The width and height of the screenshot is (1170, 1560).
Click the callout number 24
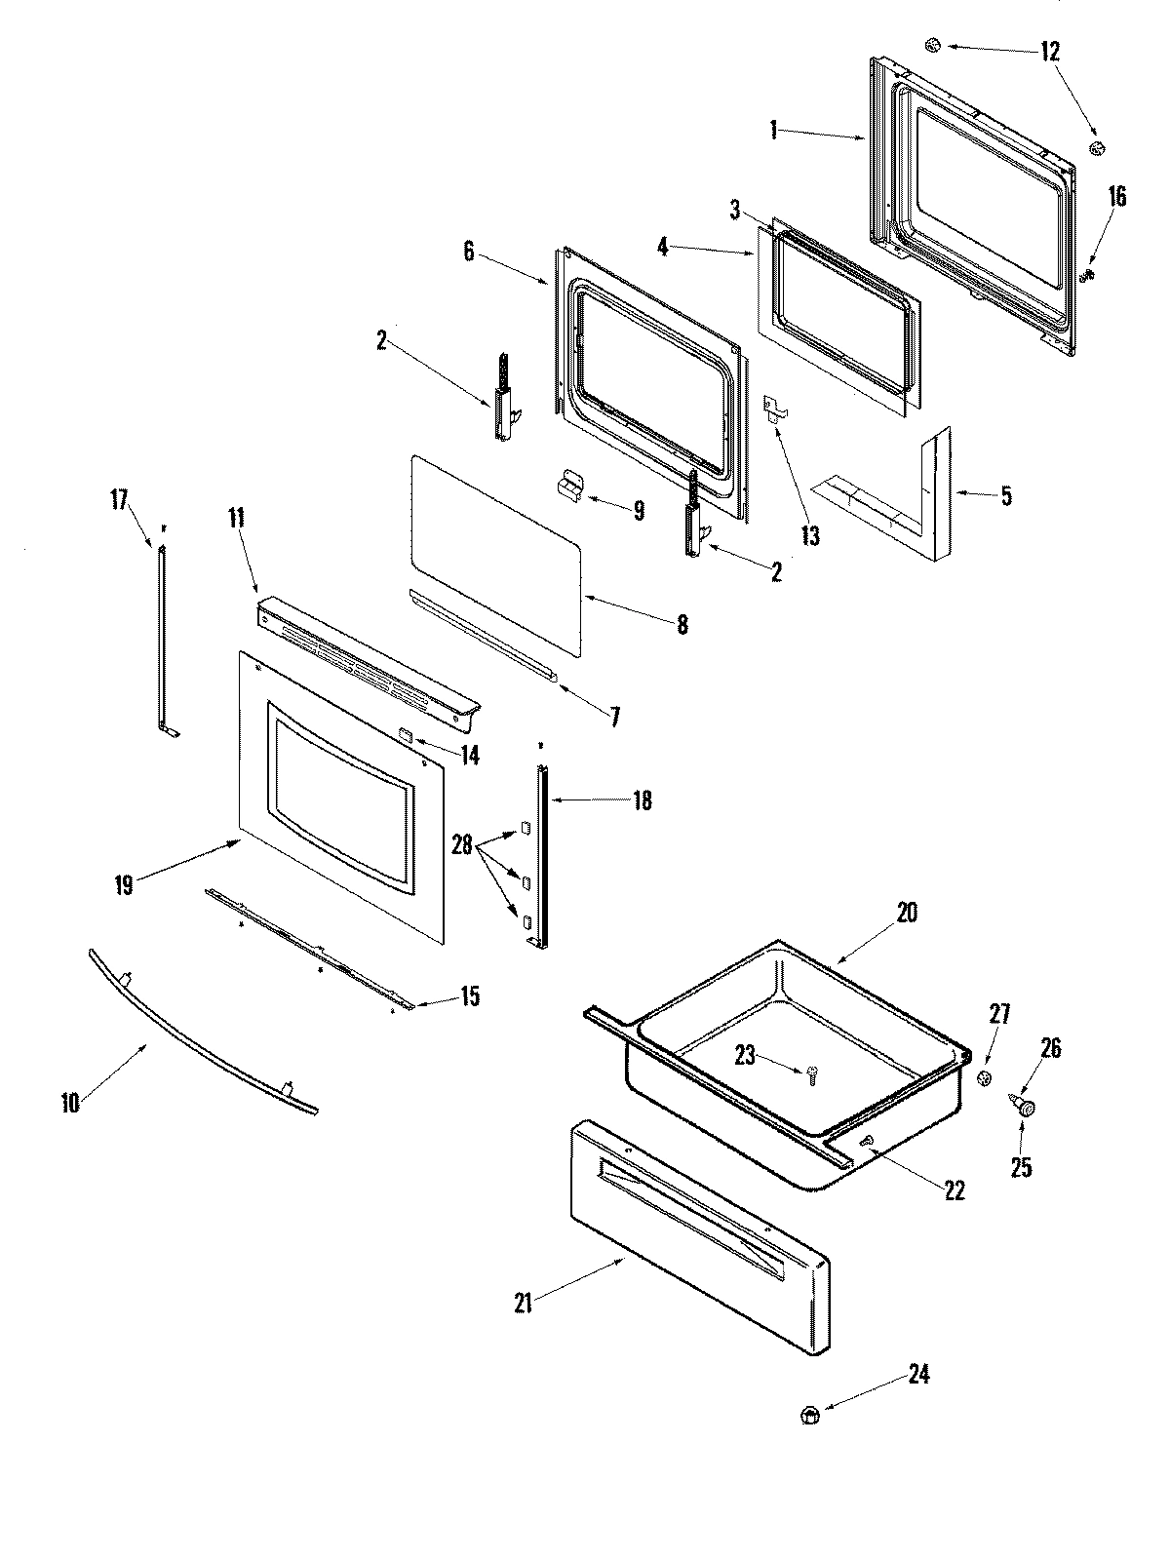coord(918,1376)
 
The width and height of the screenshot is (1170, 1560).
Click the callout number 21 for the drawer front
coord(524,1303)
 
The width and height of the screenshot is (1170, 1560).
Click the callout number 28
coord(463,845)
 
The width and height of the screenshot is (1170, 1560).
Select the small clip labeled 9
coord(567,487)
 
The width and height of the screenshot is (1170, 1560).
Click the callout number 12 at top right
coord(1049,51)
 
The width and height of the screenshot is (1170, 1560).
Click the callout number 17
coord(119,500)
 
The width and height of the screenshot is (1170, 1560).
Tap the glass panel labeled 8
coord(497,551)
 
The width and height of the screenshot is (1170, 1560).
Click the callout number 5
coord(1005,496)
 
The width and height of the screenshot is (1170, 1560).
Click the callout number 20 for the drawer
coord(907,914)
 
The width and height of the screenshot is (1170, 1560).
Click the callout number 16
coord(1116,198)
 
